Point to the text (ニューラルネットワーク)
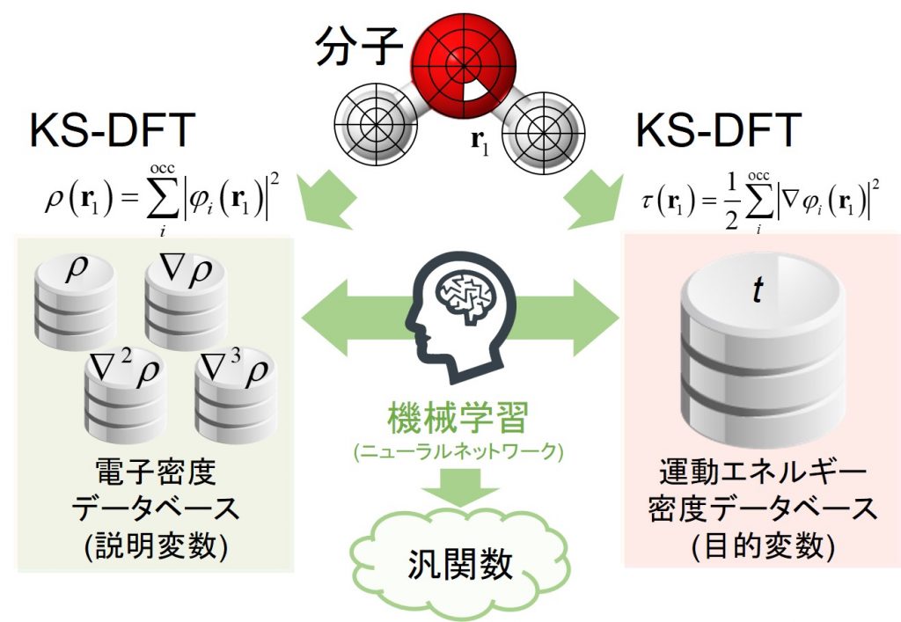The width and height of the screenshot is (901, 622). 457,453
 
